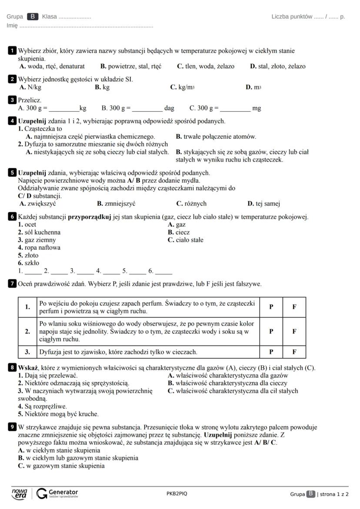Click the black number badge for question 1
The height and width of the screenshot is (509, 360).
(x=13, y=51)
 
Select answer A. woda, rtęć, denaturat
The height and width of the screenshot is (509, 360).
(x=52, y=67)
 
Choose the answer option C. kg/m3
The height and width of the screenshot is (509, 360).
(x=182, y=87)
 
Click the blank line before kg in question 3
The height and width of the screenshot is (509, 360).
(x=63, y=108)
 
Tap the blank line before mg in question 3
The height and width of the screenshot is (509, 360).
(x=235, y=108)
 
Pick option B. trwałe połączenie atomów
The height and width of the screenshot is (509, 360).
(x=216, y=136)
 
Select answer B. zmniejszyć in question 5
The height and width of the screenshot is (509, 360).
(x=116, y=203)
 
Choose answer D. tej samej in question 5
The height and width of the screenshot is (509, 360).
(x=263, y=203)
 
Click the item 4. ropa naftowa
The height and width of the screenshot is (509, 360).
(x=39, y=248)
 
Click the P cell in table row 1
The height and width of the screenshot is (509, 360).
(x=271, y=307)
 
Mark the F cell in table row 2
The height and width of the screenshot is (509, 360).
(x=294, y=331)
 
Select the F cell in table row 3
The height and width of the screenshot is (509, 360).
(x=294, y=352)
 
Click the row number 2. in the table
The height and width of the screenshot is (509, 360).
(x=28, y=331)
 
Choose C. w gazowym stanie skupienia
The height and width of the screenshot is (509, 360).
(x=61, y=466)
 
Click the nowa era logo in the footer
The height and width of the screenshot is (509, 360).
(x=19, y=493)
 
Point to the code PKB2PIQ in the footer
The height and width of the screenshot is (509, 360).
(x=177, y=494)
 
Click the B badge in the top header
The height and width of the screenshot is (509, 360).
(x=33, y=17)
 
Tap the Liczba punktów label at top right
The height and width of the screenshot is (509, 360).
(x=292, y=17)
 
